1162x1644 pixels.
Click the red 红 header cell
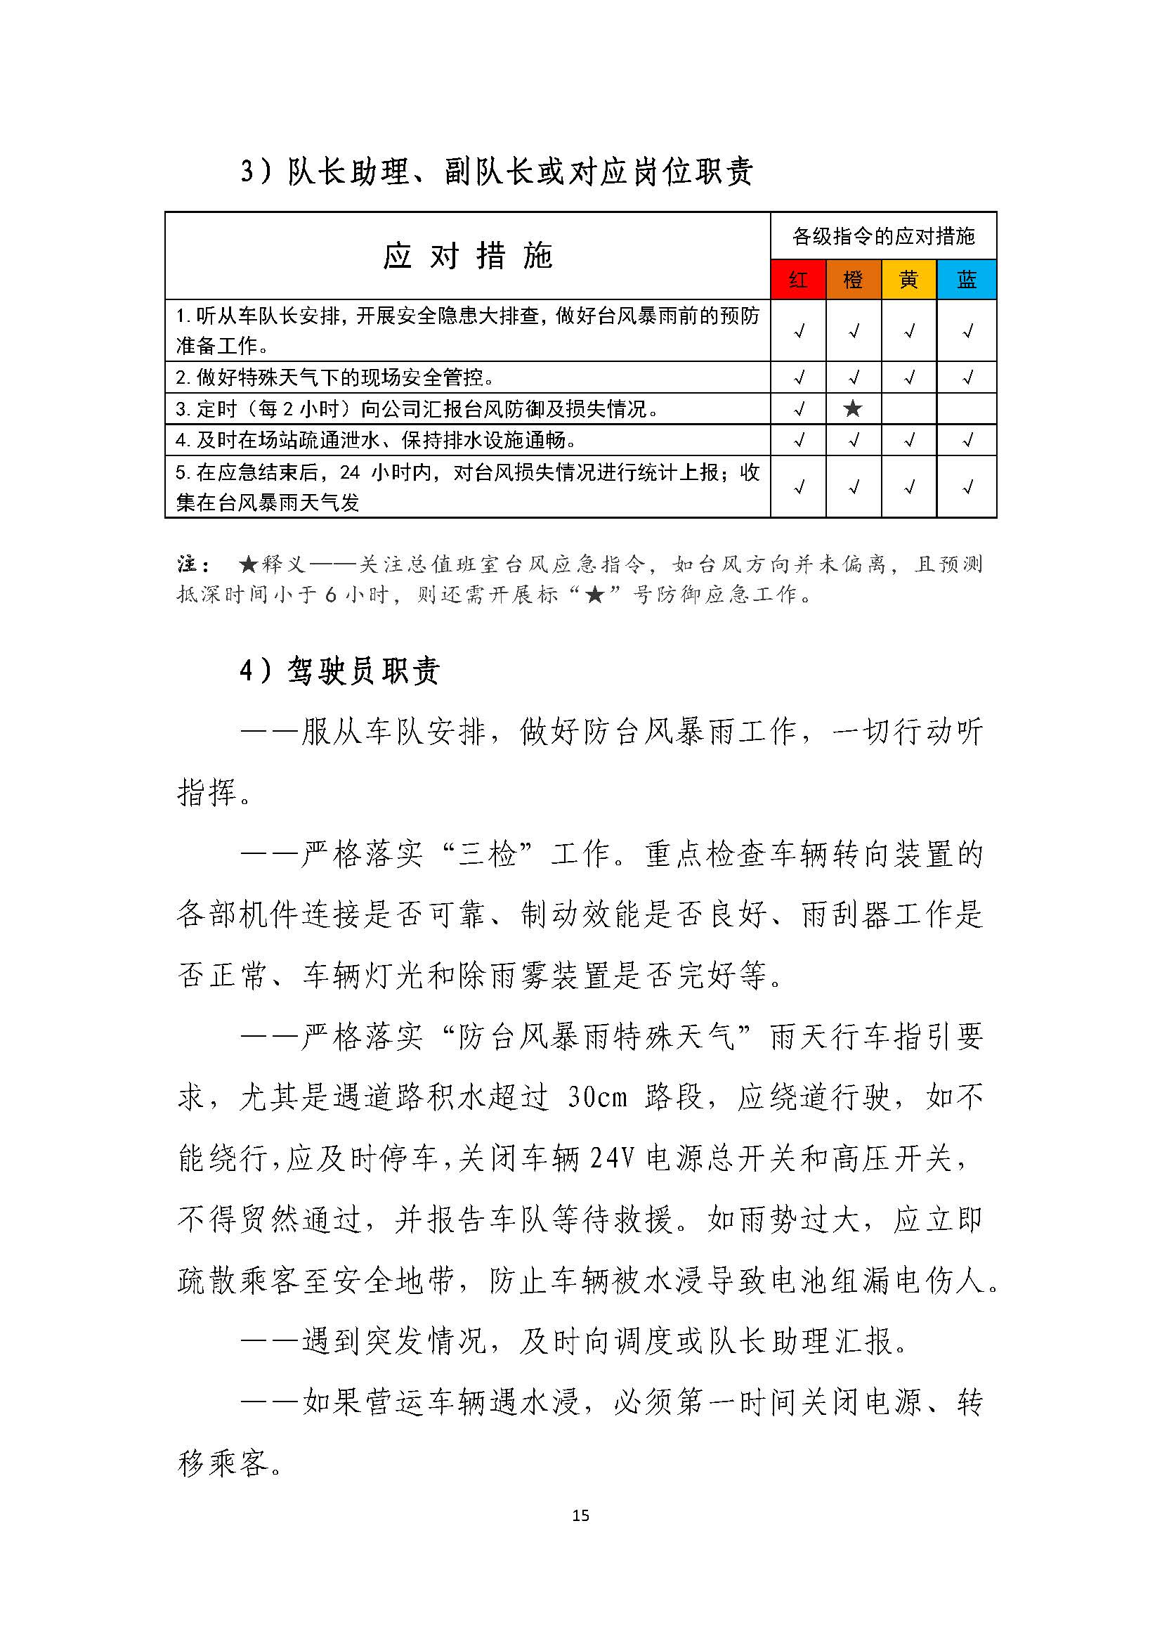click(x=798, y=279)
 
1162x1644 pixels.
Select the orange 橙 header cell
click(x=853, y=279)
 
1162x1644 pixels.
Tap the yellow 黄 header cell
click(x=908, y=279)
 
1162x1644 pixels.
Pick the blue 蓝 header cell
click(x=967, y=279)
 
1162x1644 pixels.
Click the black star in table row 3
click(x=853, y=409)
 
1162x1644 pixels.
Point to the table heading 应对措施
click(x=467, y=256)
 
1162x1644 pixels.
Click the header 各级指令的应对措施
click(x=883, y=235)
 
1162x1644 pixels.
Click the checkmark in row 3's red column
click(x=799, y=409)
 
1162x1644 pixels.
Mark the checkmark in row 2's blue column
click(x=967, y=377)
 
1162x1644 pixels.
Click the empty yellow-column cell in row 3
click(x=908, y=409)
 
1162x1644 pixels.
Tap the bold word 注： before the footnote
click(x=193, y=564)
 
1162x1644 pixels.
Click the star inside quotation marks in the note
click(x=595, y=595)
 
